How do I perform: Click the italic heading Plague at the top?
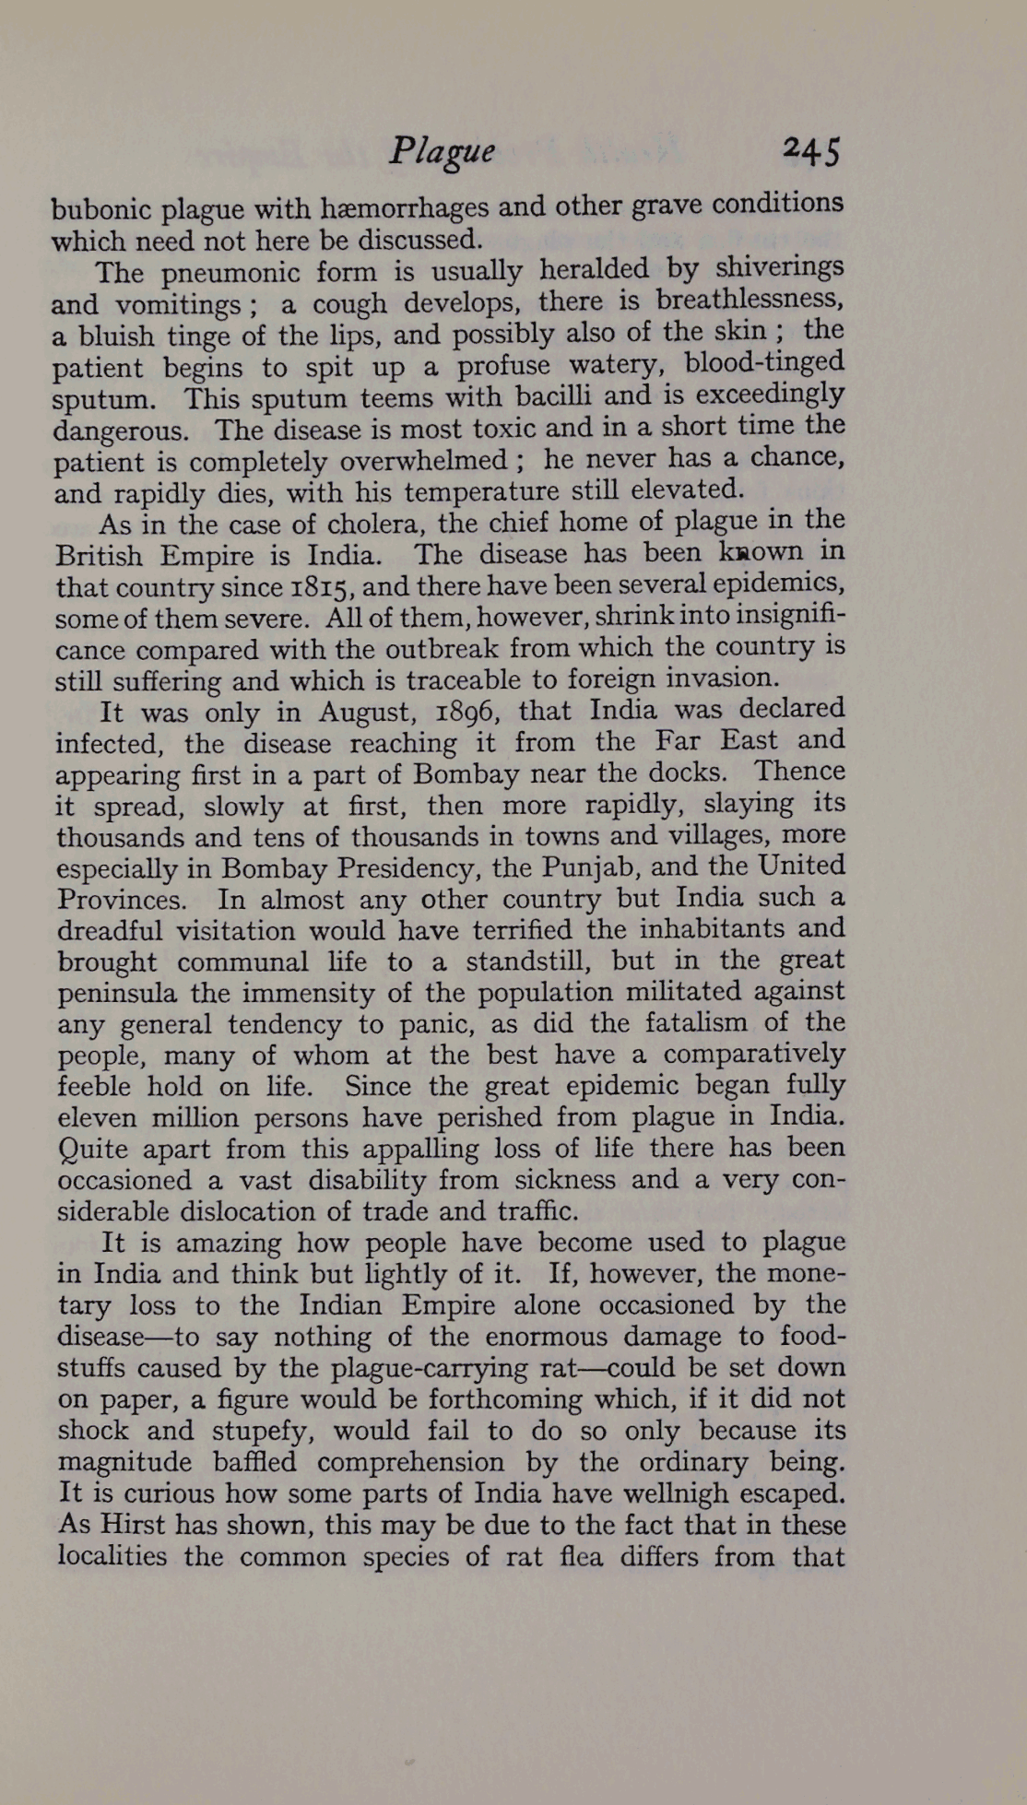pos(442,152)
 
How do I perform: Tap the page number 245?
pos(810,150)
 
